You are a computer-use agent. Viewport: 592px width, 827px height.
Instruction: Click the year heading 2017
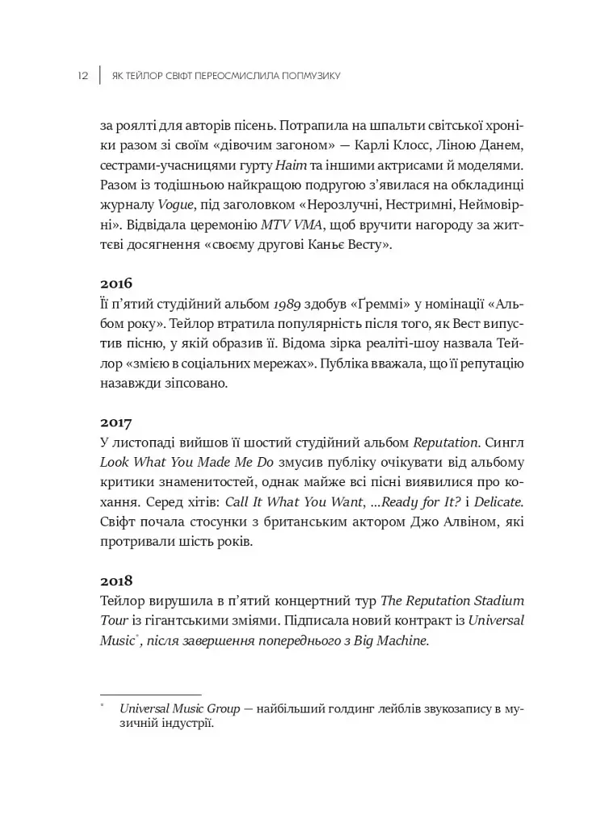pyautogui.click(x=116, y=422)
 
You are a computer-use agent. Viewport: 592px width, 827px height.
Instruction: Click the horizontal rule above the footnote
pyautogui.click(x=150, y=694)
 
